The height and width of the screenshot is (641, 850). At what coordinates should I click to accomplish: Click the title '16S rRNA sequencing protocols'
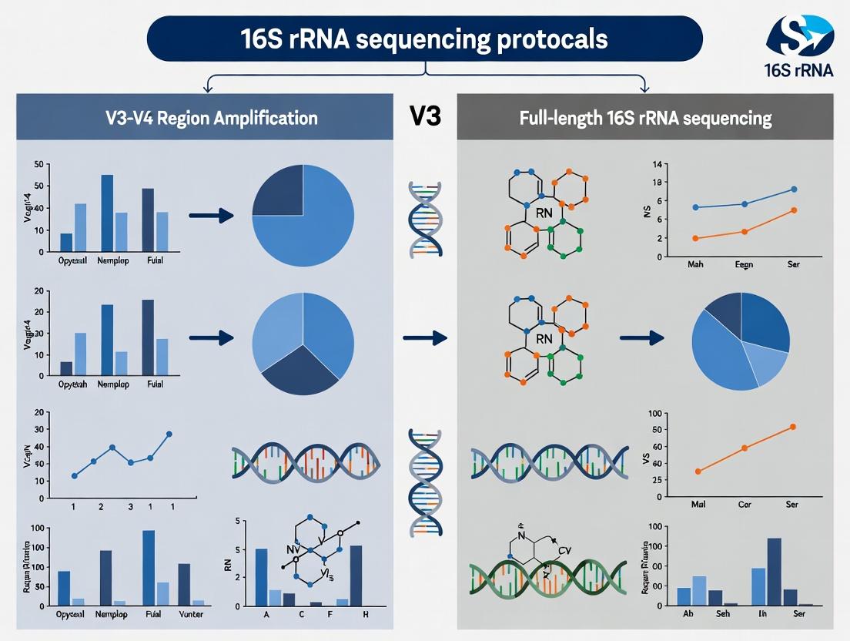point(423,39)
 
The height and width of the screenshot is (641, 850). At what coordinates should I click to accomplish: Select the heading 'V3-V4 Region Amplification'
point(211,119)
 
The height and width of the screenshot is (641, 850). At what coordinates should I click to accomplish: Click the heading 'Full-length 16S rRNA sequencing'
point(644,119)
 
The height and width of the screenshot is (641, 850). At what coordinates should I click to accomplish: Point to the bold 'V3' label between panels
point(425,116)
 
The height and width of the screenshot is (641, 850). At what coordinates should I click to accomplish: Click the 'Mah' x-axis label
point(696,264)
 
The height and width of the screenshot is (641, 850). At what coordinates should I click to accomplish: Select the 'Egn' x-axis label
point(744,264)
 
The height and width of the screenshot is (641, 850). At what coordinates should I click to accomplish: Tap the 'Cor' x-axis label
point(745,505)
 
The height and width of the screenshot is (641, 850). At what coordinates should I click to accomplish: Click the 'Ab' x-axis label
point(688,614)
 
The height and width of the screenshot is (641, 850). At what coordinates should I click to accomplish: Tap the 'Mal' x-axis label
point(698,505)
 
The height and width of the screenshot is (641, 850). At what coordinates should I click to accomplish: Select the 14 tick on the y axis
point(658,164)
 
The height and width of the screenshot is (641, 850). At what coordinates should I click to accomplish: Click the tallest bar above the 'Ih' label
point(775,571)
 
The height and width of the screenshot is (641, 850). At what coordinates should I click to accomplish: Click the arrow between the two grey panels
point(424,337)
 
